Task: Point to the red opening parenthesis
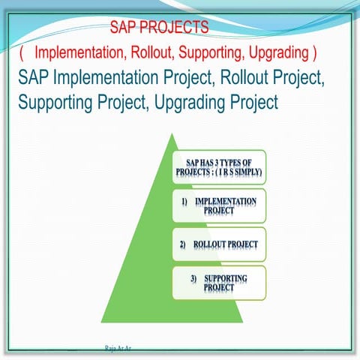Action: pos(22,53)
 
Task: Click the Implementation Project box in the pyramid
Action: pos(219,207)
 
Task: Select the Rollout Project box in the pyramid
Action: pos(219,244)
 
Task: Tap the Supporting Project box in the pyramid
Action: pos(219,283)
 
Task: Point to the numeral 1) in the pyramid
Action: pos(184,202)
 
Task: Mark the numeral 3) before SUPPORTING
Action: pos(193,279)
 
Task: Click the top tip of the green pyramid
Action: pos(172,135)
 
